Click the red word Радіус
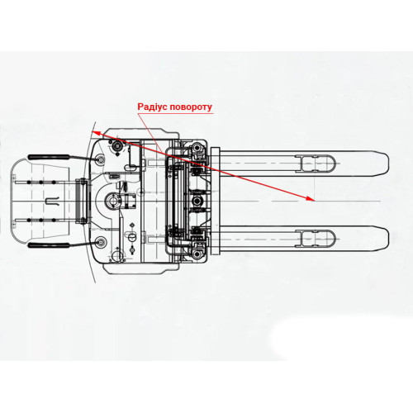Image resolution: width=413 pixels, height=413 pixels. click(152, 107)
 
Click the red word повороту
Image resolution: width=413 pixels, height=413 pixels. click(191, 107)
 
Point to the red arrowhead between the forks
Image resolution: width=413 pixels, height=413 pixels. click(311, 198)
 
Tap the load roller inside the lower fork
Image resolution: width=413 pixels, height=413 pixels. click(316, 239)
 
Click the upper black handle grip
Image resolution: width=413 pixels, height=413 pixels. click(49, 157)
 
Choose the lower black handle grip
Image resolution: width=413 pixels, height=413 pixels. click(49, 245)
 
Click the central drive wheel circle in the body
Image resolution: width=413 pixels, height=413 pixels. click(113, 200)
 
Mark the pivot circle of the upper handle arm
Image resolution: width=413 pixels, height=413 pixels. click(101, 159)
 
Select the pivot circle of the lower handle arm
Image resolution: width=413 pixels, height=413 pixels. click(101, 242)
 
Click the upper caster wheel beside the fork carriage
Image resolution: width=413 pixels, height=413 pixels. click(197, 149)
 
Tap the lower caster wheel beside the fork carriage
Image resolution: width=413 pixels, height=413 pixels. click(197, 253)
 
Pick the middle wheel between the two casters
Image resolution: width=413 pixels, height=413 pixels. click(197, 201)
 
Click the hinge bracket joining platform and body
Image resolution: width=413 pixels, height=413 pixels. click(82, 202)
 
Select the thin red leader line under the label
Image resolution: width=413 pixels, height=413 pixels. click(151, 133)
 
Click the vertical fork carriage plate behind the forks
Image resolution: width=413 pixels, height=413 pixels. click(215, 202)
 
